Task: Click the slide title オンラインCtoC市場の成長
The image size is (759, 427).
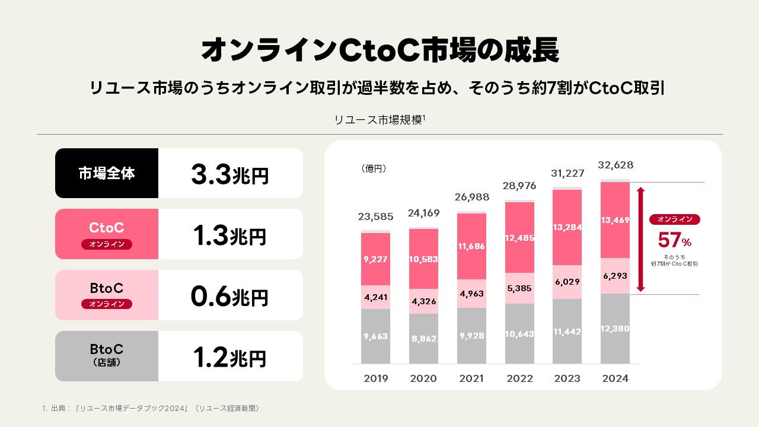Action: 379,51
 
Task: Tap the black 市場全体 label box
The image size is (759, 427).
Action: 107,173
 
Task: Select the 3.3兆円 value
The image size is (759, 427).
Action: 229,174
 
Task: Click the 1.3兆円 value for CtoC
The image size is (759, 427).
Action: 229,235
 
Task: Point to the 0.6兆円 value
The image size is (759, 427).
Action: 229,296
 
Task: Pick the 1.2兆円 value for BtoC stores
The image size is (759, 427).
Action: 229,357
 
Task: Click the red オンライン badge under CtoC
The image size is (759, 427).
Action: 107,244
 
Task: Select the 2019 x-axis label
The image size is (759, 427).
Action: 375,378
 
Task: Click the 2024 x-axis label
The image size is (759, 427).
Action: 615,378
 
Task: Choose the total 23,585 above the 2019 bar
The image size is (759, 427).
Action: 375,216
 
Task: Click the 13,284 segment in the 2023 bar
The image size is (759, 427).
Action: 567,227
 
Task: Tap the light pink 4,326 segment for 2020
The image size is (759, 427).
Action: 423,301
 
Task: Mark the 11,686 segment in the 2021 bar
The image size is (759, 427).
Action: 471,246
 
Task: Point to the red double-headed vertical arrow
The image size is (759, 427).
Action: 640,239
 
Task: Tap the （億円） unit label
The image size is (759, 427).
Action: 374,169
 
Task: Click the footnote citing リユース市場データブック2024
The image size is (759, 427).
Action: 151,408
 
